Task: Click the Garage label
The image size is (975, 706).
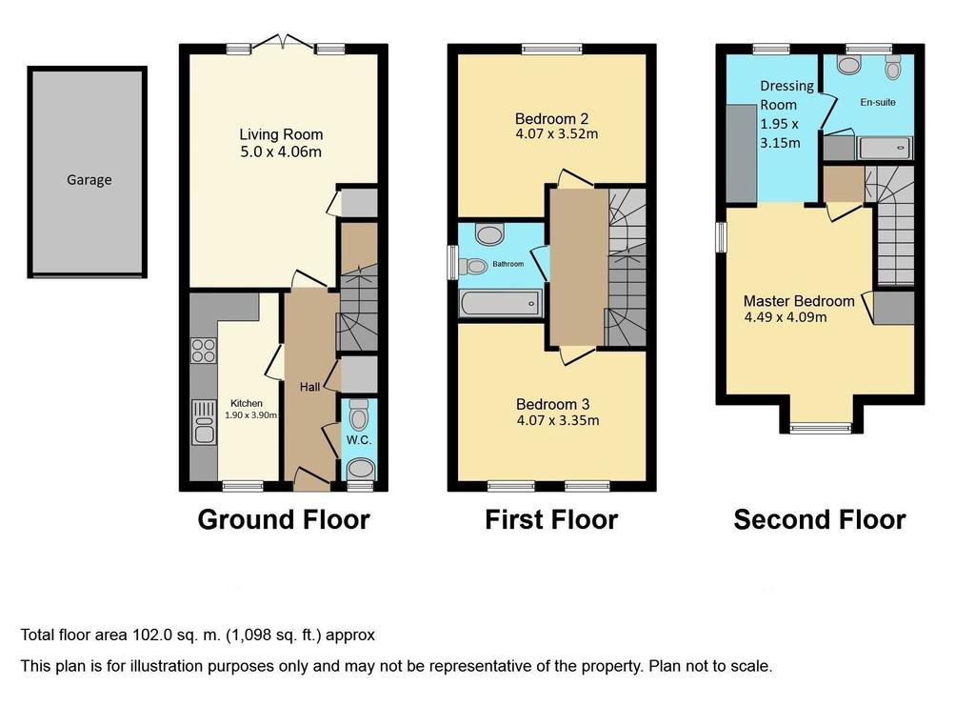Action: click(x=89, y=180)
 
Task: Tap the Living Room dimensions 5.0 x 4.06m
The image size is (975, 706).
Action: click(x=281, y=151)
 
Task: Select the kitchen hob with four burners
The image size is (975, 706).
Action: click(x=204, y=351)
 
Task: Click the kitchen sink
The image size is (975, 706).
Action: click(x=204, y=422)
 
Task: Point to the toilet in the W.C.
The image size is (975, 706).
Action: click(x=359, y=414)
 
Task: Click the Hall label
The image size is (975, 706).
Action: click(x=309, y=387)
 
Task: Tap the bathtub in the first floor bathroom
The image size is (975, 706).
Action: click(x=501, y=304)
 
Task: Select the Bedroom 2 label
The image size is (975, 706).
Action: click(x=551, y=119)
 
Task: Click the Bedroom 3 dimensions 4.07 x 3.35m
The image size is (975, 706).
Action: click(x=558, y=420)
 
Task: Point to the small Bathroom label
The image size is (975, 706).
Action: click(x=508, y=264)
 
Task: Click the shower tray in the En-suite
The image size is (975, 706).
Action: click(x=885, y=148)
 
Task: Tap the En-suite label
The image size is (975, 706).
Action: click(x=878, y=102)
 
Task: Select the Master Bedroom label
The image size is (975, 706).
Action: click(x=799, y=301)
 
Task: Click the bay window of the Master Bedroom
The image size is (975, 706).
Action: click(x=821, y=427)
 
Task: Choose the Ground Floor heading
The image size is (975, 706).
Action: click(x=284, y=519)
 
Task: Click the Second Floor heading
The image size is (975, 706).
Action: click(x=820, y=519)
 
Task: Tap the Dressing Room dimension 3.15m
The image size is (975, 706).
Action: click(x=780, y=143)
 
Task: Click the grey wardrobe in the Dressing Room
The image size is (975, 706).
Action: click(x=741, y=153)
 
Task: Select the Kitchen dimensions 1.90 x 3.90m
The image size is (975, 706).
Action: click(x=250, y=414)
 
